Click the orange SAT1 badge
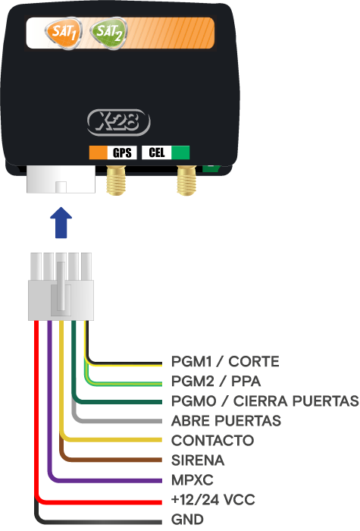[x=63, y=33]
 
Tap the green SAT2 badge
[x=108, y=33]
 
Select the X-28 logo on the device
[x=118, y=122]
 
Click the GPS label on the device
[x=122, y=152]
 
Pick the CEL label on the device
[x=157, y=152]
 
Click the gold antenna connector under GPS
[x=116, y=180]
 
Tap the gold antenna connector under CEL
[x=186, y=180]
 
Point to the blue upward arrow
[x=61, y=222]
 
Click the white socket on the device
[x=61, y=179]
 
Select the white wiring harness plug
[x=61, y=287]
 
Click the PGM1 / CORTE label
[x=225, y=362]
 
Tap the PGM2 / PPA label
[x=216, y=382]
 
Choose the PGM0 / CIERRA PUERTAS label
[x=265, y=401]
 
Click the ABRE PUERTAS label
[x=226, y=420]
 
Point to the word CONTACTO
[x=212, y=441]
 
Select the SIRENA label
[x=198, y=460]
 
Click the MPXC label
[x=193, y=480]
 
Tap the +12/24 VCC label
[x=213, y=499]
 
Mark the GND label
[x=187, y=519]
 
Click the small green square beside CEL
[x=180, y=152]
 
